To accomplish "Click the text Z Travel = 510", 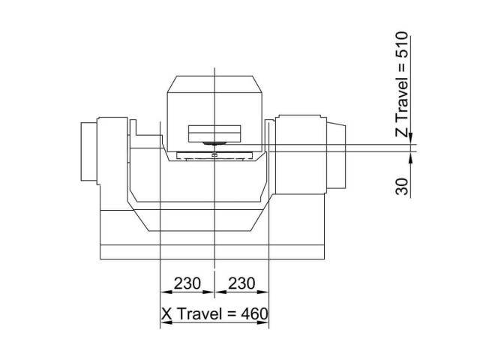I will [403, 84].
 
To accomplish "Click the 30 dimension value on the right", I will [403, 186].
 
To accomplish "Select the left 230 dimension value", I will [187, 283].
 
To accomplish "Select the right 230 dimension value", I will [241, 283].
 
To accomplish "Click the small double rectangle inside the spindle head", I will [214, 133].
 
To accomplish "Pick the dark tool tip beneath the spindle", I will [214, 142].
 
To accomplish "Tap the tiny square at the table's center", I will [214, 155].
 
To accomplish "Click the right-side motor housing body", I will [300, 154].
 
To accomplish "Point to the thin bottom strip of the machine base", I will [214, 252].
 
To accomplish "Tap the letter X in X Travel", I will [167, 313].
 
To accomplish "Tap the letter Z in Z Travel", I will [403, 132].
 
